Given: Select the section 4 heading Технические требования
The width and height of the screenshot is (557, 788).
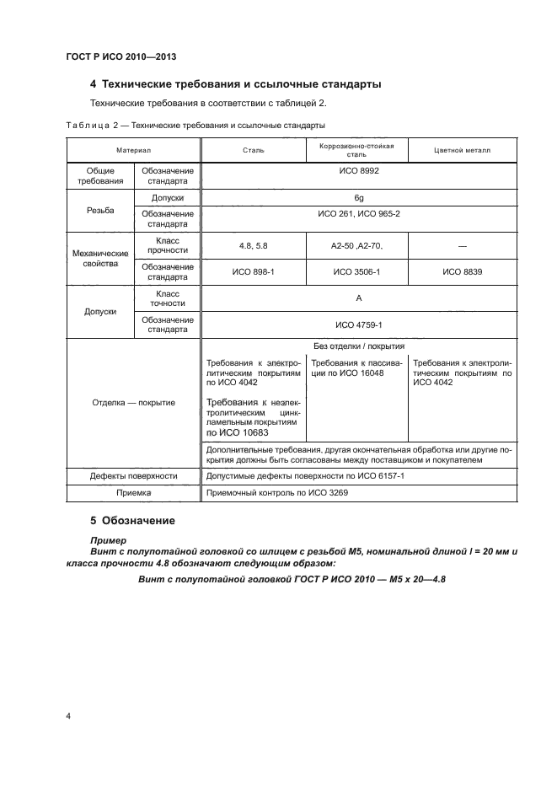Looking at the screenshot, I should (x=235, y=84).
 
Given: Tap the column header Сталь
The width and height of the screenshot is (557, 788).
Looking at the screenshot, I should (x=252, y=151).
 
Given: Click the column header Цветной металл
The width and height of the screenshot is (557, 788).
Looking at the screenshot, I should (x=461, y=151).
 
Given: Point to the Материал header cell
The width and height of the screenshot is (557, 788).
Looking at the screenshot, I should (x=134, y=151).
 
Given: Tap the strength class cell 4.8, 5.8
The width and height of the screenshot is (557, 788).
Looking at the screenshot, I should (x=252, y=244).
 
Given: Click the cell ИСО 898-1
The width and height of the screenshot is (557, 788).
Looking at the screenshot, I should (x=252, y=271).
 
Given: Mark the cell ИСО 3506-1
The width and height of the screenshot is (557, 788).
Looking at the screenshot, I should (x=356, y=271).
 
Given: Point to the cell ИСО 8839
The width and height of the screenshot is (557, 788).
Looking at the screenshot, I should (x=462, y=271).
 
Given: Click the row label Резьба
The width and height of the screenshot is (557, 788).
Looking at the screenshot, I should (x=99, y=209).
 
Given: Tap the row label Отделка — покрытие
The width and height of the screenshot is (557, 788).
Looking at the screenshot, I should (x=134, y=402).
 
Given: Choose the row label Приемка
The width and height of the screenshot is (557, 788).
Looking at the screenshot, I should (x=134, y=493).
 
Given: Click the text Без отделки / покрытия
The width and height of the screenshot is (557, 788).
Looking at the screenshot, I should (x=358, y=346).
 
